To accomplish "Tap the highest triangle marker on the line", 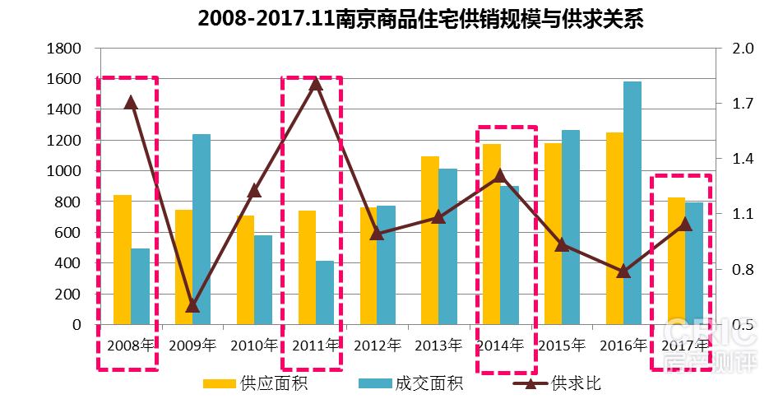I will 316,83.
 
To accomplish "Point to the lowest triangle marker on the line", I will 192,306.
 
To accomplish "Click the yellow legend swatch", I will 220,383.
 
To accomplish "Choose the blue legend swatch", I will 375,383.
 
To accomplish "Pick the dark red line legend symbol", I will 530,383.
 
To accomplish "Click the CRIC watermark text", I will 710,332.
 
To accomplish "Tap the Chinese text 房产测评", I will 710,361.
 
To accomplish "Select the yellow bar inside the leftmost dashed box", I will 123,259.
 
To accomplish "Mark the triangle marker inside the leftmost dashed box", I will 131,102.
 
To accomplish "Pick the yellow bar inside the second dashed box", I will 307,267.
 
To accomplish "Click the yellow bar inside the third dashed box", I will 492,234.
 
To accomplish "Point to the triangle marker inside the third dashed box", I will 500,175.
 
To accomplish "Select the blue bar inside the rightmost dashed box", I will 694,263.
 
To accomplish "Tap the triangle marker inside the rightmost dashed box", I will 684,224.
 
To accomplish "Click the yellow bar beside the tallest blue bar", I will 614,228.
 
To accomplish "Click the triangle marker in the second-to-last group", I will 623,271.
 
